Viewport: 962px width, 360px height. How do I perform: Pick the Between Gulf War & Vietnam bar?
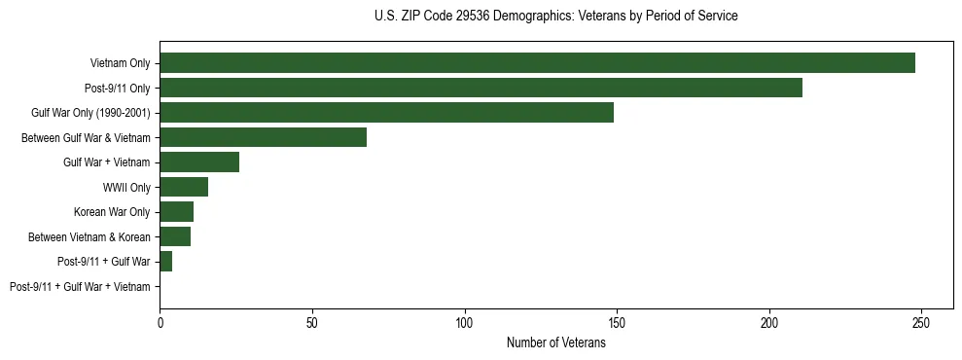(263, 137)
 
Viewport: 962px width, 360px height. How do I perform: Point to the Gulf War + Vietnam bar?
(199, 162)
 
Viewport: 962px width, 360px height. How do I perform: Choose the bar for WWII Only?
(184, 187)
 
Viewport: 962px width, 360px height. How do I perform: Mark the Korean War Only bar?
(176, 212)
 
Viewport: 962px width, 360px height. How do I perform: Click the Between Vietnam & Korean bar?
(175, 236)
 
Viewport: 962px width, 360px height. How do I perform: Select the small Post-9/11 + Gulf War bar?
(165, 262)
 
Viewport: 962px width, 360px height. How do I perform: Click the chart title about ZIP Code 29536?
(555, 17)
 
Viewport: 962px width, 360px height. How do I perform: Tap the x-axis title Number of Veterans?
(555, 342)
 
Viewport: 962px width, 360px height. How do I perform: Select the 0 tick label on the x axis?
(160, 322)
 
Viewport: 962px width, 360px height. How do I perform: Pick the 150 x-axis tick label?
(617, 322)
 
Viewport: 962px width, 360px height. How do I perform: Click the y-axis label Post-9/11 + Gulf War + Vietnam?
(80, 287)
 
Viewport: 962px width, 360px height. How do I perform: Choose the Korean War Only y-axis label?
(112, 212)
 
